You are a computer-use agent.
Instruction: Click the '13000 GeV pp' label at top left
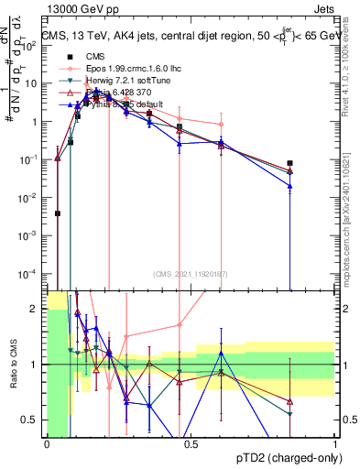coord(80,10)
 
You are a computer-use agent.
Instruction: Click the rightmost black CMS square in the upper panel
coord(289,163)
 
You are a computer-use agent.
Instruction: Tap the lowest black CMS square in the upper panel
coord(58,213)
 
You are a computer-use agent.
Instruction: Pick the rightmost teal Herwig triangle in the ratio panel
coord(289,414)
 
